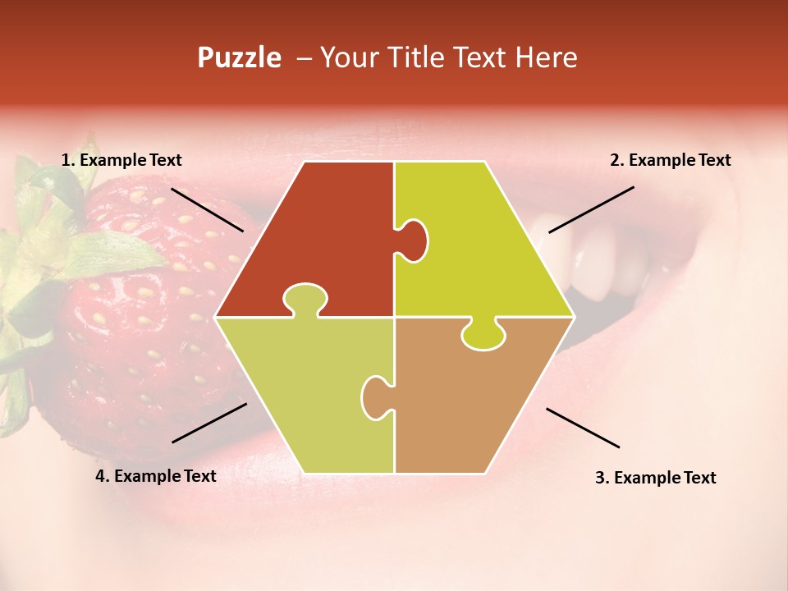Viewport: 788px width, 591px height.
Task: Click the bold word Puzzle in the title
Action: pyautogui.click(x=239, y=58)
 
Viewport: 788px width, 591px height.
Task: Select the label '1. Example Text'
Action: pyautogui.click(x=121, y=161)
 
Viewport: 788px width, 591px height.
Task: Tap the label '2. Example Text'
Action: pyautogui.click(x=670, y=161)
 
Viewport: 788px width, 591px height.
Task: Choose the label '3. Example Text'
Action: pyautogui.click(x=655, y=478)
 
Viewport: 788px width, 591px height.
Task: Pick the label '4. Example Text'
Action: pyautogui.click(x=156, y=476)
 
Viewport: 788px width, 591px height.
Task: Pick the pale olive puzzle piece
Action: pyautogui.click(x=304, y=394)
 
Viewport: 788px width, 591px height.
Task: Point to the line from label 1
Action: pyautogui.click(x=207, y=209)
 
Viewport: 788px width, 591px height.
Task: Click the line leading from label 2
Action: pyautogui.click(x=591, y=209)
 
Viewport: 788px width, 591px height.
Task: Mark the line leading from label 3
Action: pyautogui.click(x=583, y=428)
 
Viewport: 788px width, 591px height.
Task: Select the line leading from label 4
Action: pyautogui.click(x=209, y=422)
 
